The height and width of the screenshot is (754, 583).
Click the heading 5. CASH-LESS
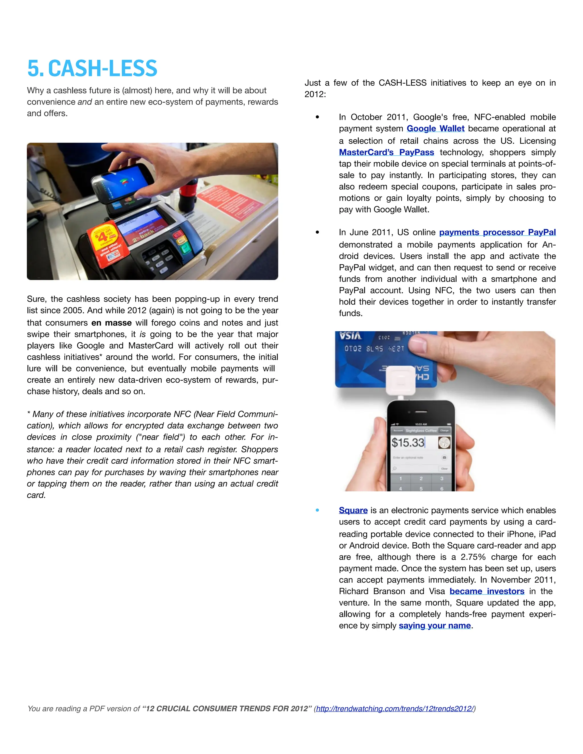tap(92, 68)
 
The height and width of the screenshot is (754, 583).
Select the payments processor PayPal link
tap(497, 232)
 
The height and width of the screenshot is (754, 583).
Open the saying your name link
tap(434, 626)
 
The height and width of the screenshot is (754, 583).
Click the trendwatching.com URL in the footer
tap(395, 708)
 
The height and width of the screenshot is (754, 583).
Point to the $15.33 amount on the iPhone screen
tap(408, 443)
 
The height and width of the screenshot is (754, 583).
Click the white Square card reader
tap(401, 380)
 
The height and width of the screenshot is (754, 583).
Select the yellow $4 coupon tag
tap(105, 242)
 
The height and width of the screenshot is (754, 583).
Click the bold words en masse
tap(111, 323)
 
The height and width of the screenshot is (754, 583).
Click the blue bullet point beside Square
tap(317, 510)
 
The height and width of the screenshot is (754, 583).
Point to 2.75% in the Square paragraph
tap(473, 557)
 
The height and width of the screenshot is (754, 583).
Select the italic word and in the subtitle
tap(85, 102)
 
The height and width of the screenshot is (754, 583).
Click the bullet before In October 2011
tap(317, 117)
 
